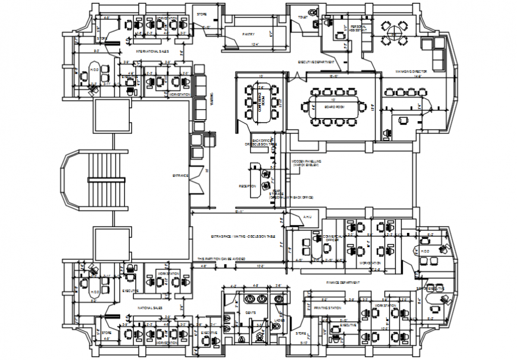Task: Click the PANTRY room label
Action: pyautogui.click(x=248, y=35)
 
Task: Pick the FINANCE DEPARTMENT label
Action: pyautogui.click(x=342, y=282)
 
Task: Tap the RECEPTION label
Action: pyautogui.click(x=247, y=186)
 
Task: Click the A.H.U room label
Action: pyautogui.click(x=307, y=217)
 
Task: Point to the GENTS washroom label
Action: pyautogui.click(x=250, y=311)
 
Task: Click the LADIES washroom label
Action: pyautogui.click(x=279, y=320)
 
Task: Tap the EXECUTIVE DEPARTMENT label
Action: pyautogui.click(x=317, y=62)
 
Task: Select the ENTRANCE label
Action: pyautogui.click(x=180, y=175)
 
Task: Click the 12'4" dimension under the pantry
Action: pyautogui.click(x=254, y=45)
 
